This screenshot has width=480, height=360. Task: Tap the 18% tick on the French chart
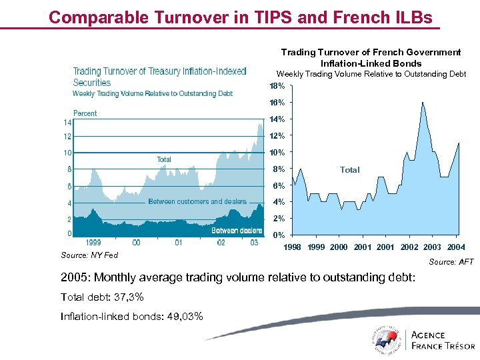[277, 86]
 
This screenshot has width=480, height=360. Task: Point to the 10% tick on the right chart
[277, 152]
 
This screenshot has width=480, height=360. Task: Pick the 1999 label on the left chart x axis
[94, 243]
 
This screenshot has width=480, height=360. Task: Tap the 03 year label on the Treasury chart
[254, 243]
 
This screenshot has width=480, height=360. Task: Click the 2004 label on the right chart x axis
[456, 247]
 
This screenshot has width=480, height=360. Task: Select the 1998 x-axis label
[293, 247]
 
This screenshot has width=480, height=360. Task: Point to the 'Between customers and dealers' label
[197, 201]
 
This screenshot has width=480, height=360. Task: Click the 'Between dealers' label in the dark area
[236, 231]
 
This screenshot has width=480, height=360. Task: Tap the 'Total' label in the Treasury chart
[163, 159]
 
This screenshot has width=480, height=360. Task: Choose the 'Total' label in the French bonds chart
[349, 170]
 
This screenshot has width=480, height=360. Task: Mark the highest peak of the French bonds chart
[422, 103]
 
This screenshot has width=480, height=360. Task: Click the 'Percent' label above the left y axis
[85, 113]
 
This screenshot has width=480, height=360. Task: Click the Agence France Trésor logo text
[443, 340]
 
